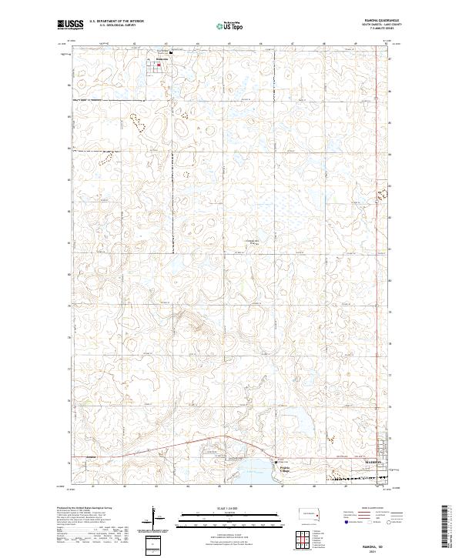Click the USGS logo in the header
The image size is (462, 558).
(70, 25)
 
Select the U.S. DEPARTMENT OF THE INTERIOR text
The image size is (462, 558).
(116, 21)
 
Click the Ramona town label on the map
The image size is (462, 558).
(161, 58)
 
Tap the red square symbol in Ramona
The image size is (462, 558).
(159, 65)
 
